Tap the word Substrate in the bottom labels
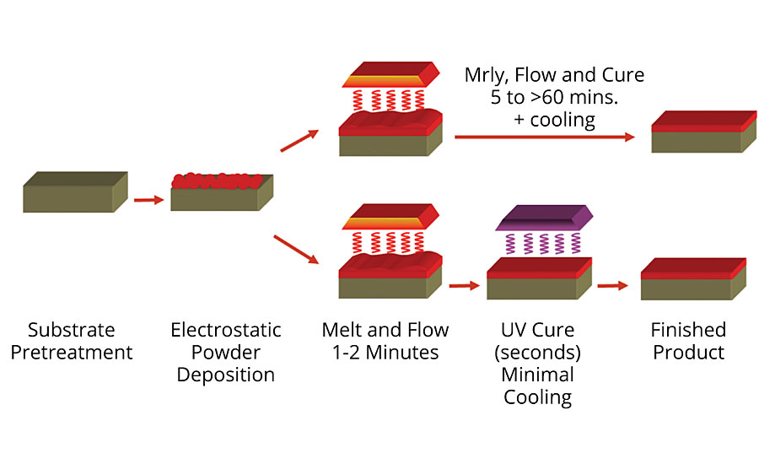point(71,329)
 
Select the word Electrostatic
point(226,329)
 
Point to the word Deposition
point(226,375)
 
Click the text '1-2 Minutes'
point(385,352)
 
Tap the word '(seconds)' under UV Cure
point(538,352)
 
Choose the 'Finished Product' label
point(687,340)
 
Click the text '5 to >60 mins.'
point(554,97)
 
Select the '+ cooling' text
point(554,120)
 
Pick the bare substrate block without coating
point(74,192)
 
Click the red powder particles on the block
point(214,179)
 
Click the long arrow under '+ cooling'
point(545,137)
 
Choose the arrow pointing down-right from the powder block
point(300,252)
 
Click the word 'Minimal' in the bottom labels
point(538,375)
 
